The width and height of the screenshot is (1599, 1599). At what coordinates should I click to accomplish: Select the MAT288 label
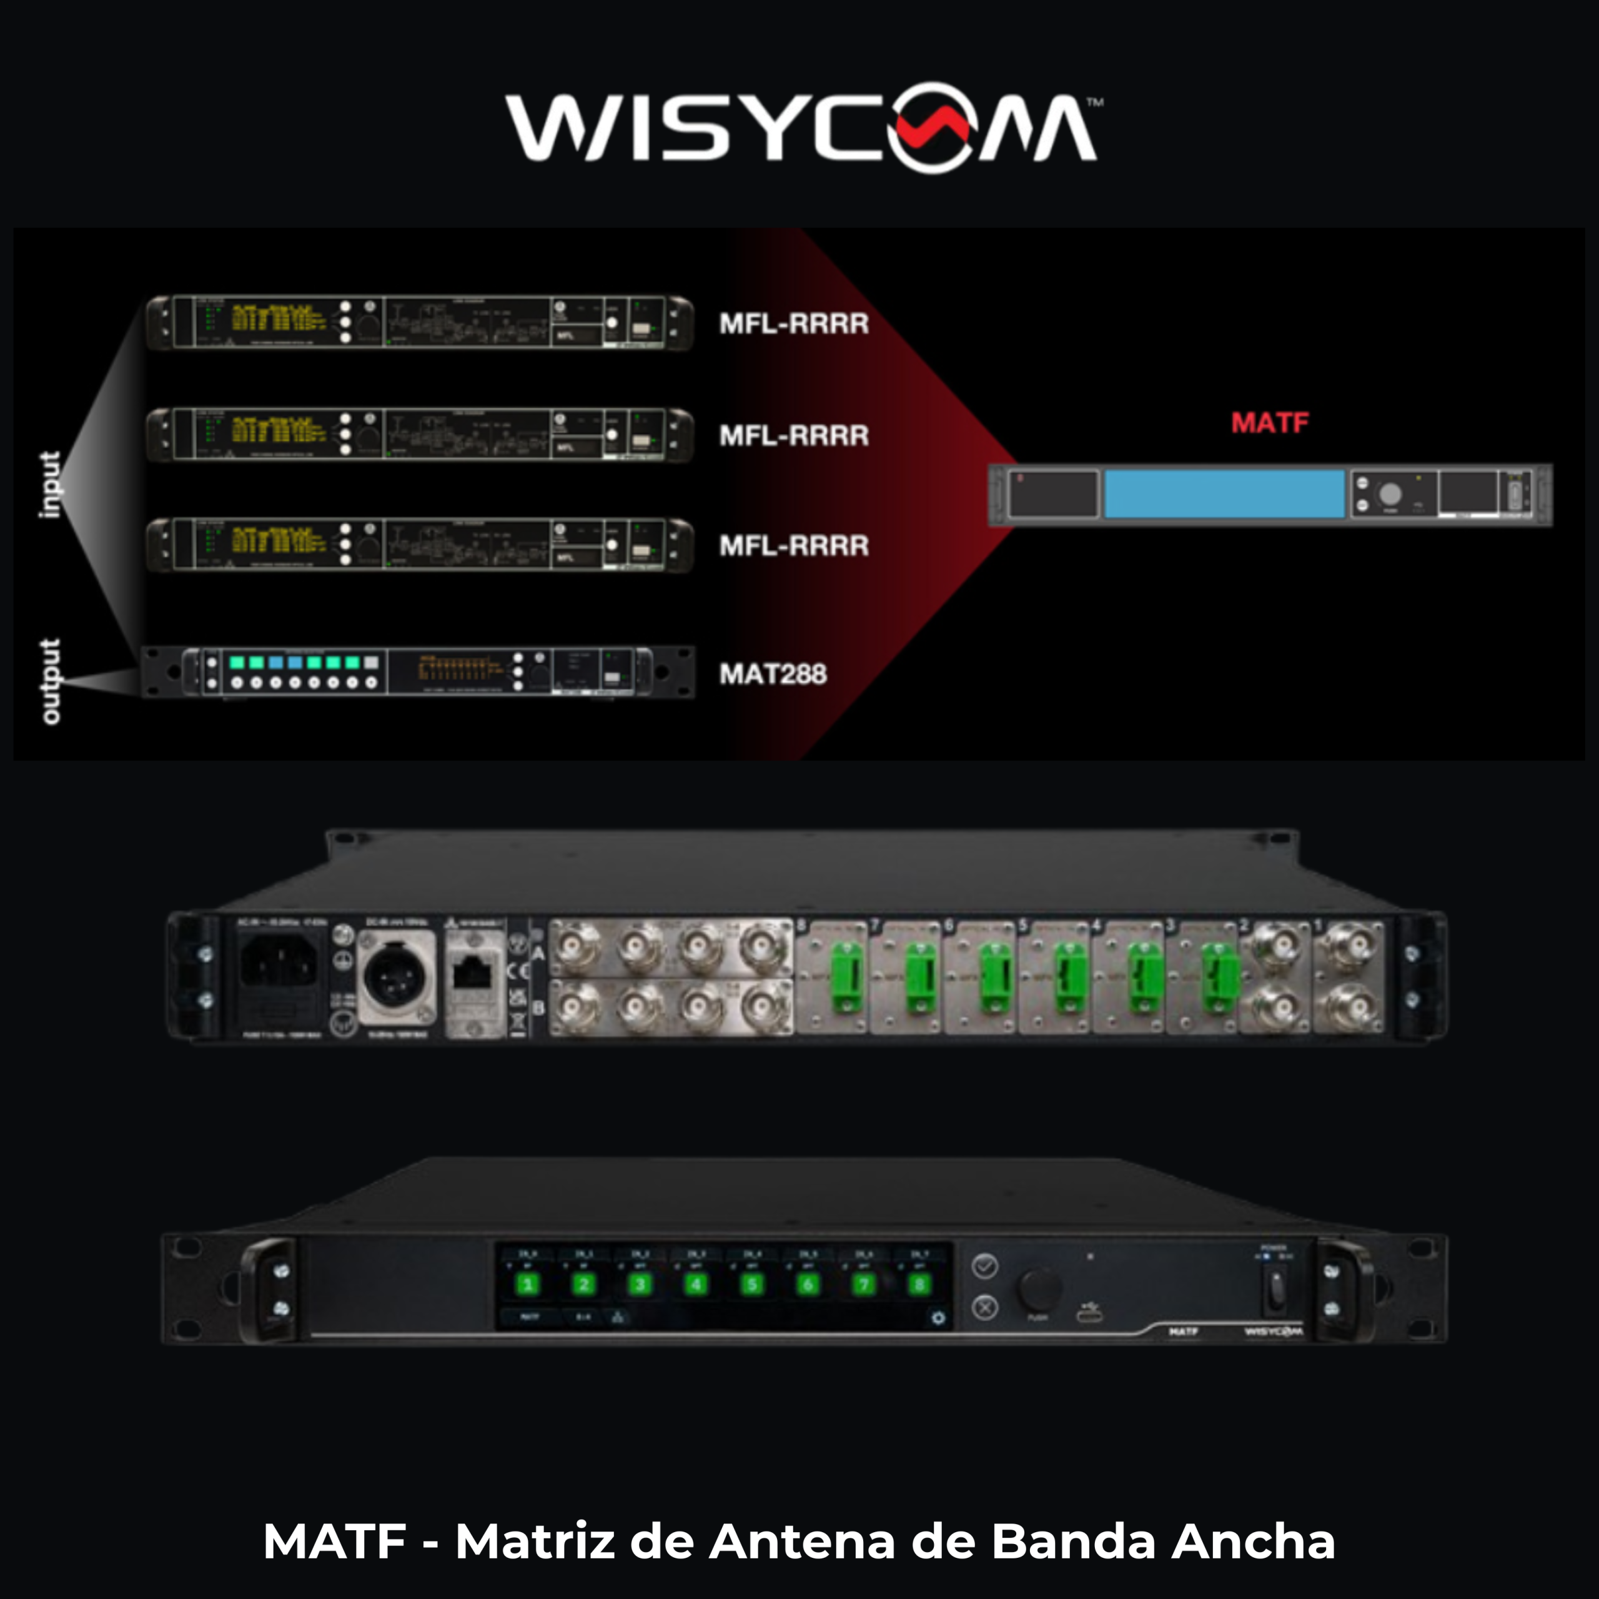[772, 674]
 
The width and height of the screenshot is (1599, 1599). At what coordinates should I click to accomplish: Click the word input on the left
[51, 485]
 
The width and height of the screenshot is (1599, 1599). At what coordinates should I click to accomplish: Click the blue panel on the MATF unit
[1224, 494]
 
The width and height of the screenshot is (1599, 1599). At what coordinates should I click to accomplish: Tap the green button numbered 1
[527, 1284]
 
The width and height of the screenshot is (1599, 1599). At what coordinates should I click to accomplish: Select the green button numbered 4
[696, 1284]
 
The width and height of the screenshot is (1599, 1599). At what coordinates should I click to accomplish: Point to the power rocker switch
[1275, 1292]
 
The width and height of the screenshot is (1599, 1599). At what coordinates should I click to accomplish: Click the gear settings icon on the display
[938, 1317]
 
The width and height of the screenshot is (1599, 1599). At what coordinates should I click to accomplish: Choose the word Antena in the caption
[803, 1541]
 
